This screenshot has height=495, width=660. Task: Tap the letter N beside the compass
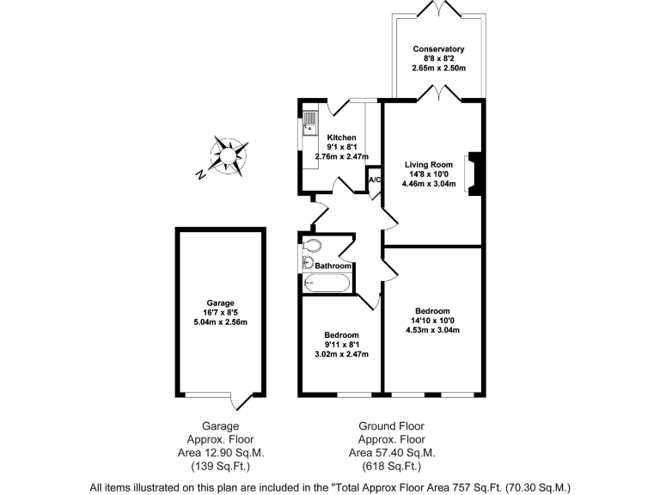(x=199, y=175)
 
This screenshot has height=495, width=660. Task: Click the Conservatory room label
(x=438, y=49)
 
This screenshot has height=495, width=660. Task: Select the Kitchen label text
(x=341, y=137)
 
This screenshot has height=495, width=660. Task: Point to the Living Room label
(x=429, y=164)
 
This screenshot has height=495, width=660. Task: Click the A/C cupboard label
(x=375, y=180)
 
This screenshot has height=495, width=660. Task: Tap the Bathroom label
(x=333, y=266)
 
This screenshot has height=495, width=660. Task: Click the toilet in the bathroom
(x=312, y=246)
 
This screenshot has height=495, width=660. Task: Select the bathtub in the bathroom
(x=327, y=283)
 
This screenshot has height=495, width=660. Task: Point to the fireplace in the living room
(x=473, y=174)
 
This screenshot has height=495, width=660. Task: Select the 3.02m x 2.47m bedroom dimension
(x=341, y=354)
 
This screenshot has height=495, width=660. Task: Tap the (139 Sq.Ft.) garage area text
(x=220, y=467)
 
